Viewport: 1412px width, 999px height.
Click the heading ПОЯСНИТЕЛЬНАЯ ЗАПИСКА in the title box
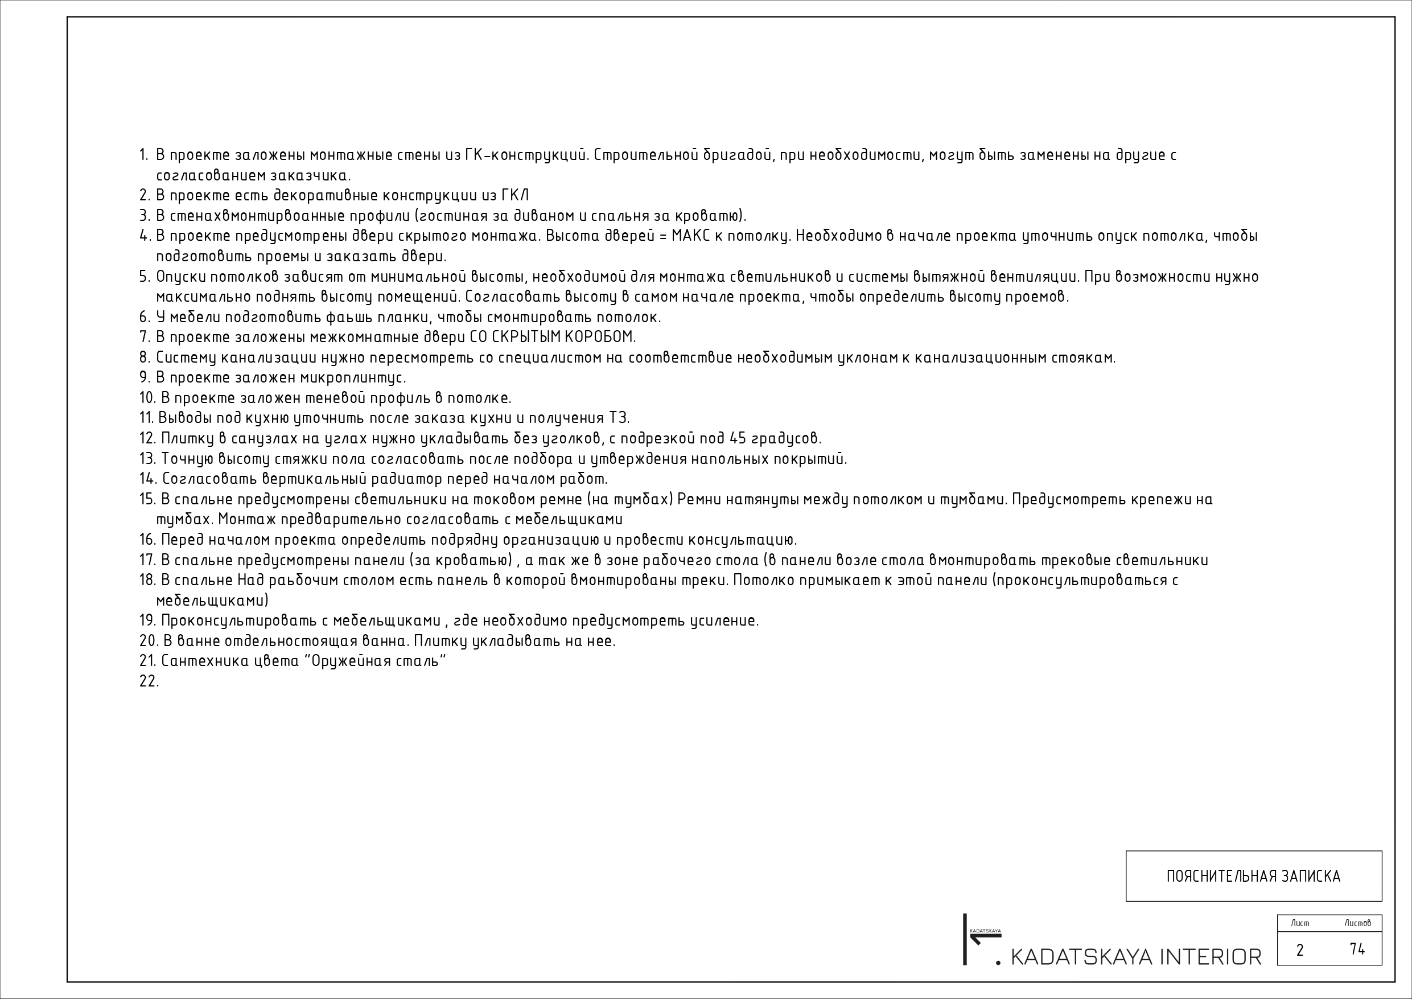[x=1253, y=877]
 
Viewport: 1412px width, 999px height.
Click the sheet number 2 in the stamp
[x=1299, y=951]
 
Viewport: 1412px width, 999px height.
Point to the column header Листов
[x=1357, y=923]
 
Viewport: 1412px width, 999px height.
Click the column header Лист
[x=1299, y=923]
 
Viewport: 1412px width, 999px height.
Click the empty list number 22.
[x=149, y=681]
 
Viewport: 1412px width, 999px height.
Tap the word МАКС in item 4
[x=689, y=236]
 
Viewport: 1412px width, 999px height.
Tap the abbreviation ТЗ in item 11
[x=619, y=418]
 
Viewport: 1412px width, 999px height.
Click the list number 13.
[x=147, y=459]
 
